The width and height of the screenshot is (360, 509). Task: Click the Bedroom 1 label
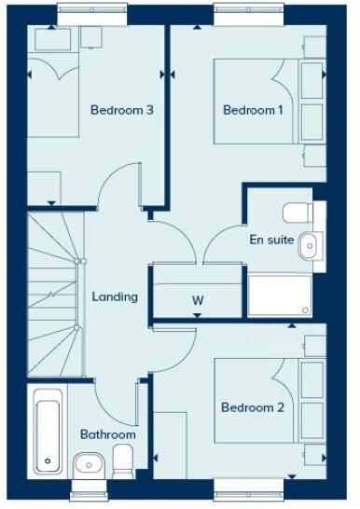(x=253, y=110)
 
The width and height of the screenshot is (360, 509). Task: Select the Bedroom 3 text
(x=121, y=110)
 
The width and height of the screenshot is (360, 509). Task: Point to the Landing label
(x=115, y=297)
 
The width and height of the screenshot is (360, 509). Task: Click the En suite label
(x=271, y=240)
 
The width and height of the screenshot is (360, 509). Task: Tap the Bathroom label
(x=107, y=434)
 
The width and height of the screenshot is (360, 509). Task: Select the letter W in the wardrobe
(x=198, y=300)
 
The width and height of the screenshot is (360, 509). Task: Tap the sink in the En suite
(x=310, y=245)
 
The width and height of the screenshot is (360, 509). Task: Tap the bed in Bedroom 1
(x=266, y=103)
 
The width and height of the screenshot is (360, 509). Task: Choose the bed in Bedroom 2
(x=266, y=401)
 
